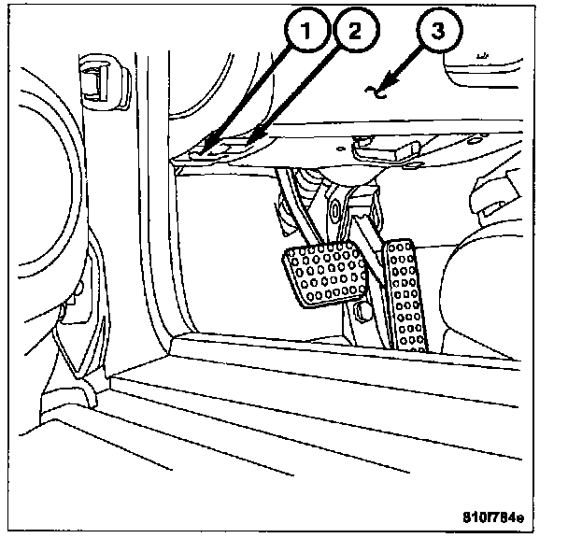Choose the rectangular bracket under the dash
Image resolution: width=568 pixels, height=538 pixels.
pos(390,149)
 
